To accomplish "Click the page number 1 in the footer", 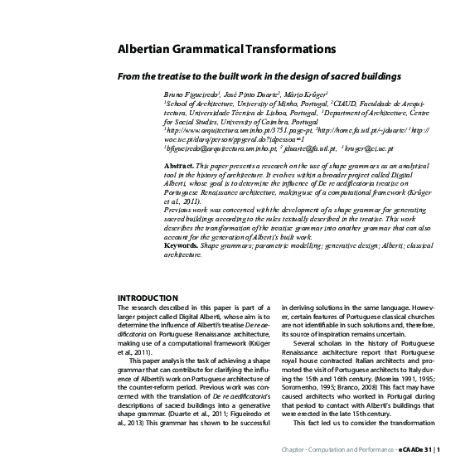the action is (438, 451).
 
